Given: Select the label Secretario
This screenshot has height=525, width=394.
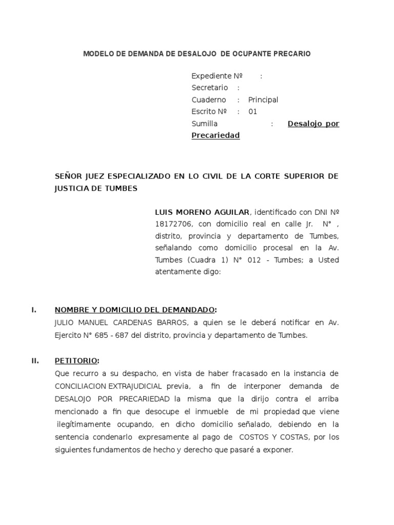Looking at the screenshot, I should point(209,88).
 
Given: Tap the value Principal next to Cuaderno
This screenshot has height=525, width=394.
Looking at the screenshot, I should point(263,100).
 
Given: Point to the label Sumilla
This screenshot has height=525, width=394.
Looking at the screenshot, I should point(204,124).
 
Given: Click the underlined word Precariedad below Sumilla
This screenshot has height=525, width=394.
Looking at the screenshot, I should point(215,135).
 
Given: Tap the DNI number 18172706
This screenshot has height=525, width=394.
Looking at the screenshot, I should point(173,224).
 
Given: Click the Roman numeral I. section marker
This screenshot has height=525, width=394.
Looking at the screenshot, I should point(34,310).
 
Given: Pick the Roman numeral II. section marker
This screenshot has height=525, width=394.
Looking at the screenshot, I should point(35,360).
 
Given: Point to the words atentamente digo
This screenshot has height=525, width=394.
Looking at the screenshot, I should point(187,272).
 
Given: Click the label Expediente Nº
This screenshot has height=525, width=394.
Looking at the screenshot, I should point(216,76).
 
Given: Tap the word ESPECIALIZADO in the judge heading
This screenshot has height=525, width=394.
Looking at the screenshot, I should point(135,176).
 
